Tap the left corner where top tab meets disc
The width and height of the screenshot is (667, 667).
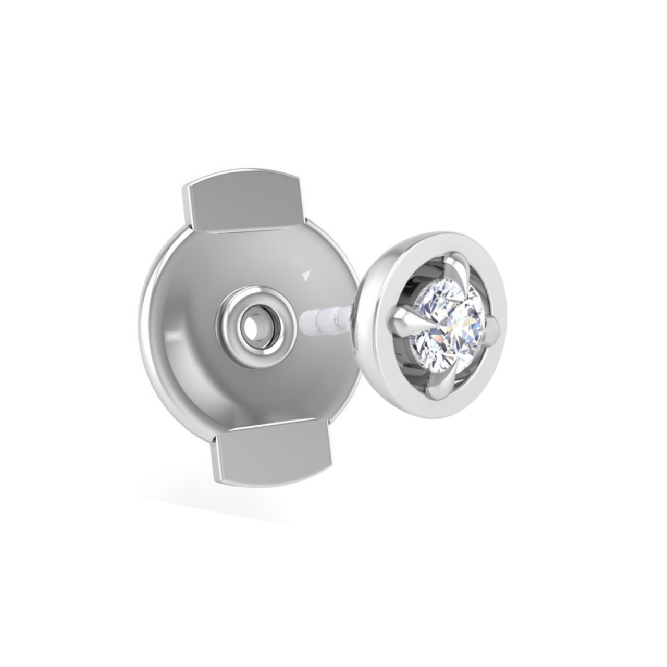pyautogui.click(x=191, y=229)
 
